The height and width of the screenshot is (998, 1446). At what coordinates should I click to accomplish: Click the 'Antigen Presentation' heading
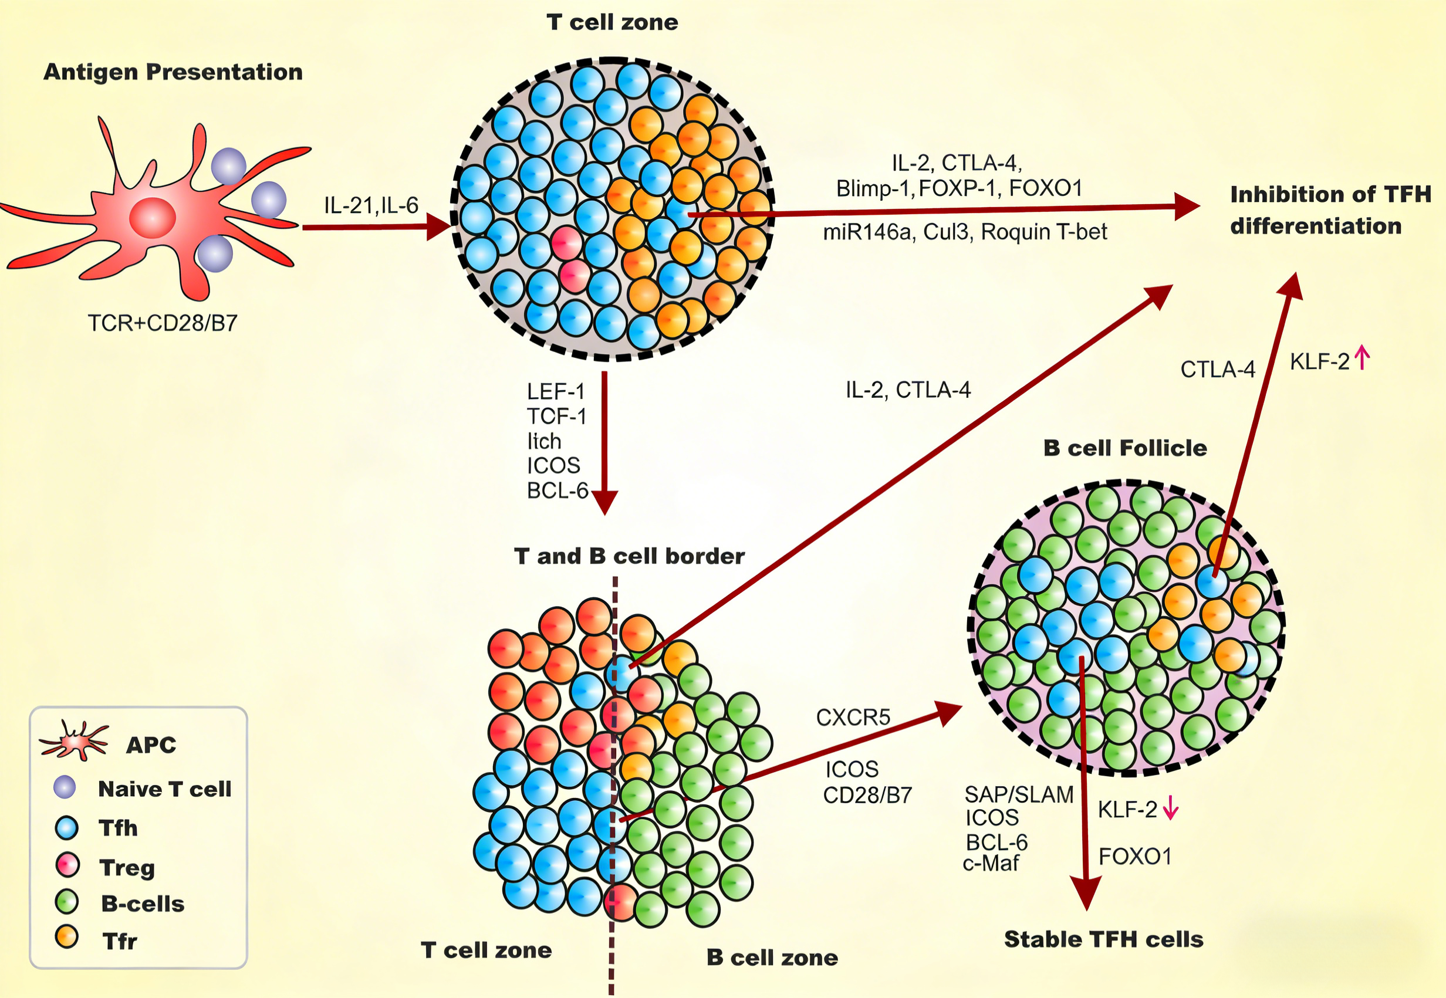pos(173,72)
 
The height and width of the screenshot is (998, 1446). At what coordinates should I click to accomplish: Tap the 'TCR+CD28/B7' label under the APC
pos(163,323)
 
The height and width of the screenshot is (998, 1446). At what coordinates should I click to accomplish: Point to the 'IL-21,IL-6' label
pos(371,205)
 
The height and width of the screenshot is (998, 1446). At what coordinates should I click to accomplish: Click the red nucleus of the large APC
pos(152,218)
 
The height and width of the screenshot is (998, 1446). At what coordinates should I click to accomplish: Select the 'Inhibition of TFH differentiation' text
pos(1330,210)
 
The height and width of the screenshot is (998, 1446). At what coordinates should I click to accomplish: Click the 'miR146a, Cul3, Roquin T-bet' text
pos(964,232)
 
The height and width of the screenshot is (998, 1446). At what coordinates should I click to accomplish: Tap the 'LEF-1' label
pos(555,392)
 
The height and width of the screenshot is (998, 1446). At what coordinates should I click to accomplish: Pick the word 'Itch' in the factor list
pos(543,441)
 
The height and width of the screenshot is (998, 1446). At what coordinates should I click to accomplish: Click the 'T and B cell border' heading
pos(629,556)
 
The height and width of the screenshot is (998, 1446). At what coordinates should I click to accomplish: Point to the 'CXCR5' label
pos(853,717)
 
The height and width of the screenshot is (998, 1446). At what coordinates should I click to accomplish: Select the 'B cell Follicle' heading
pos(1124,448)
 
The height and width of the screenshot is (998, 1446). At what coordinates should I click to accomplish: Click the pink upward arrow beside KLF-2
pos(1361,358)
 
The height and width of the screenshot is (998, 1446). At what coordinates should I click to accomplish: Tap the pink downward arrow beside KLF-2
pos(1170,809)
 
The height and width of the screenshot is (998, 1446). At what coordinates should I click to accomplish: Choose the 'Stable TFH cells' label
pos(1103,939)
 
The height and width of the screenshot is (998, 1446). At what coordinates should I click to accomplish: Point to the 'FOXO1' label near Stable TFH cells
pos(1134,856)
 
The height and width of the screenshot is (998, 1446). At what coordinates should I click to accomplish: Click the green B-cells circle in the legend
pos(66,902)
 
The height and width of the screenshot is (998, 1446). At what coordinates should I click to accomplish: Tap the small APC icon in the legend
pos(74,741)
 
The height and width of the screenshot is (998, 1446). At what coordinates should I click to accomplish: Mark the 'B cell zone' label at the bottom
pos(772,958)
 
